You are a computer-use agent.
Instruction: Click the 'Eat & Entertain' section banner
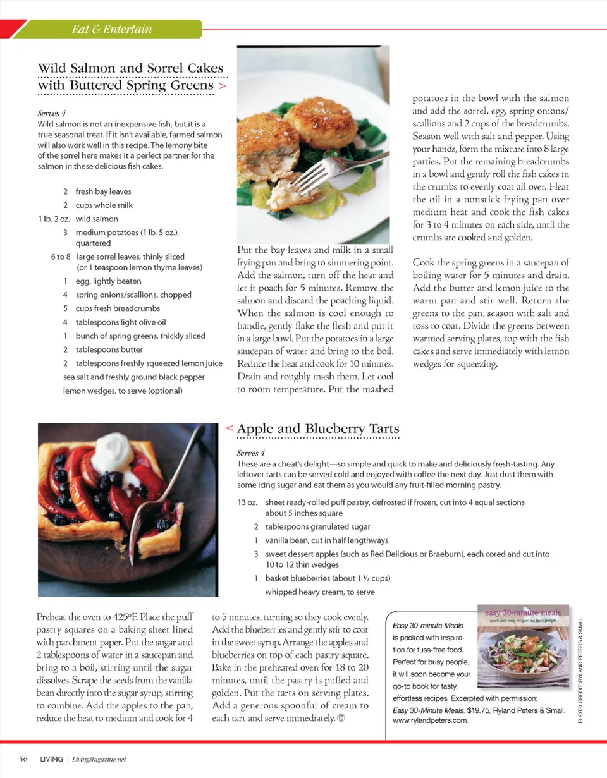pos(111,29)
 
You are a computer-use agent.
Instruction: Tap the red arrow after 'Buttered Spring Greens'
pos(221,85)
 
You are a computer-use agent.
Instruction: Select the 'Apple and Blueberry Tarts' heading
pos(318,429)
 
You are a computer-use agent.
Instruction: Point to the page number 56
pos(23,759)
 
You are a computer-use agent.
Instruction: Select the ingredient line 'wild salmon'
pos(97,219)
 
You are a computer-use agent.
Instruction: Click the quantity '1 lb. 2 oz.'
pos(54,219)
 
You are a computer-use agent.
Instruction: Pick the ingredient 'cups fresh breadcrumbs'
pos(118,308)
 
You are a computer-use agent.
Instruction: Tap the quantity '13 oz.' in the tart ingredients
pos(247,502)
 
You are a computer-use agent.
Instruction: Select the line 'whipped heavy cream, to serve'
pos(320,592)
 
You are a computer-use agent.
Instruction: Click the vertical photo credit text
pos(580,671)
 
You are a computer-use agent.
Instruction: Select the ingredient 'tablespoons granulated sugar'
pos(317,526)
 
